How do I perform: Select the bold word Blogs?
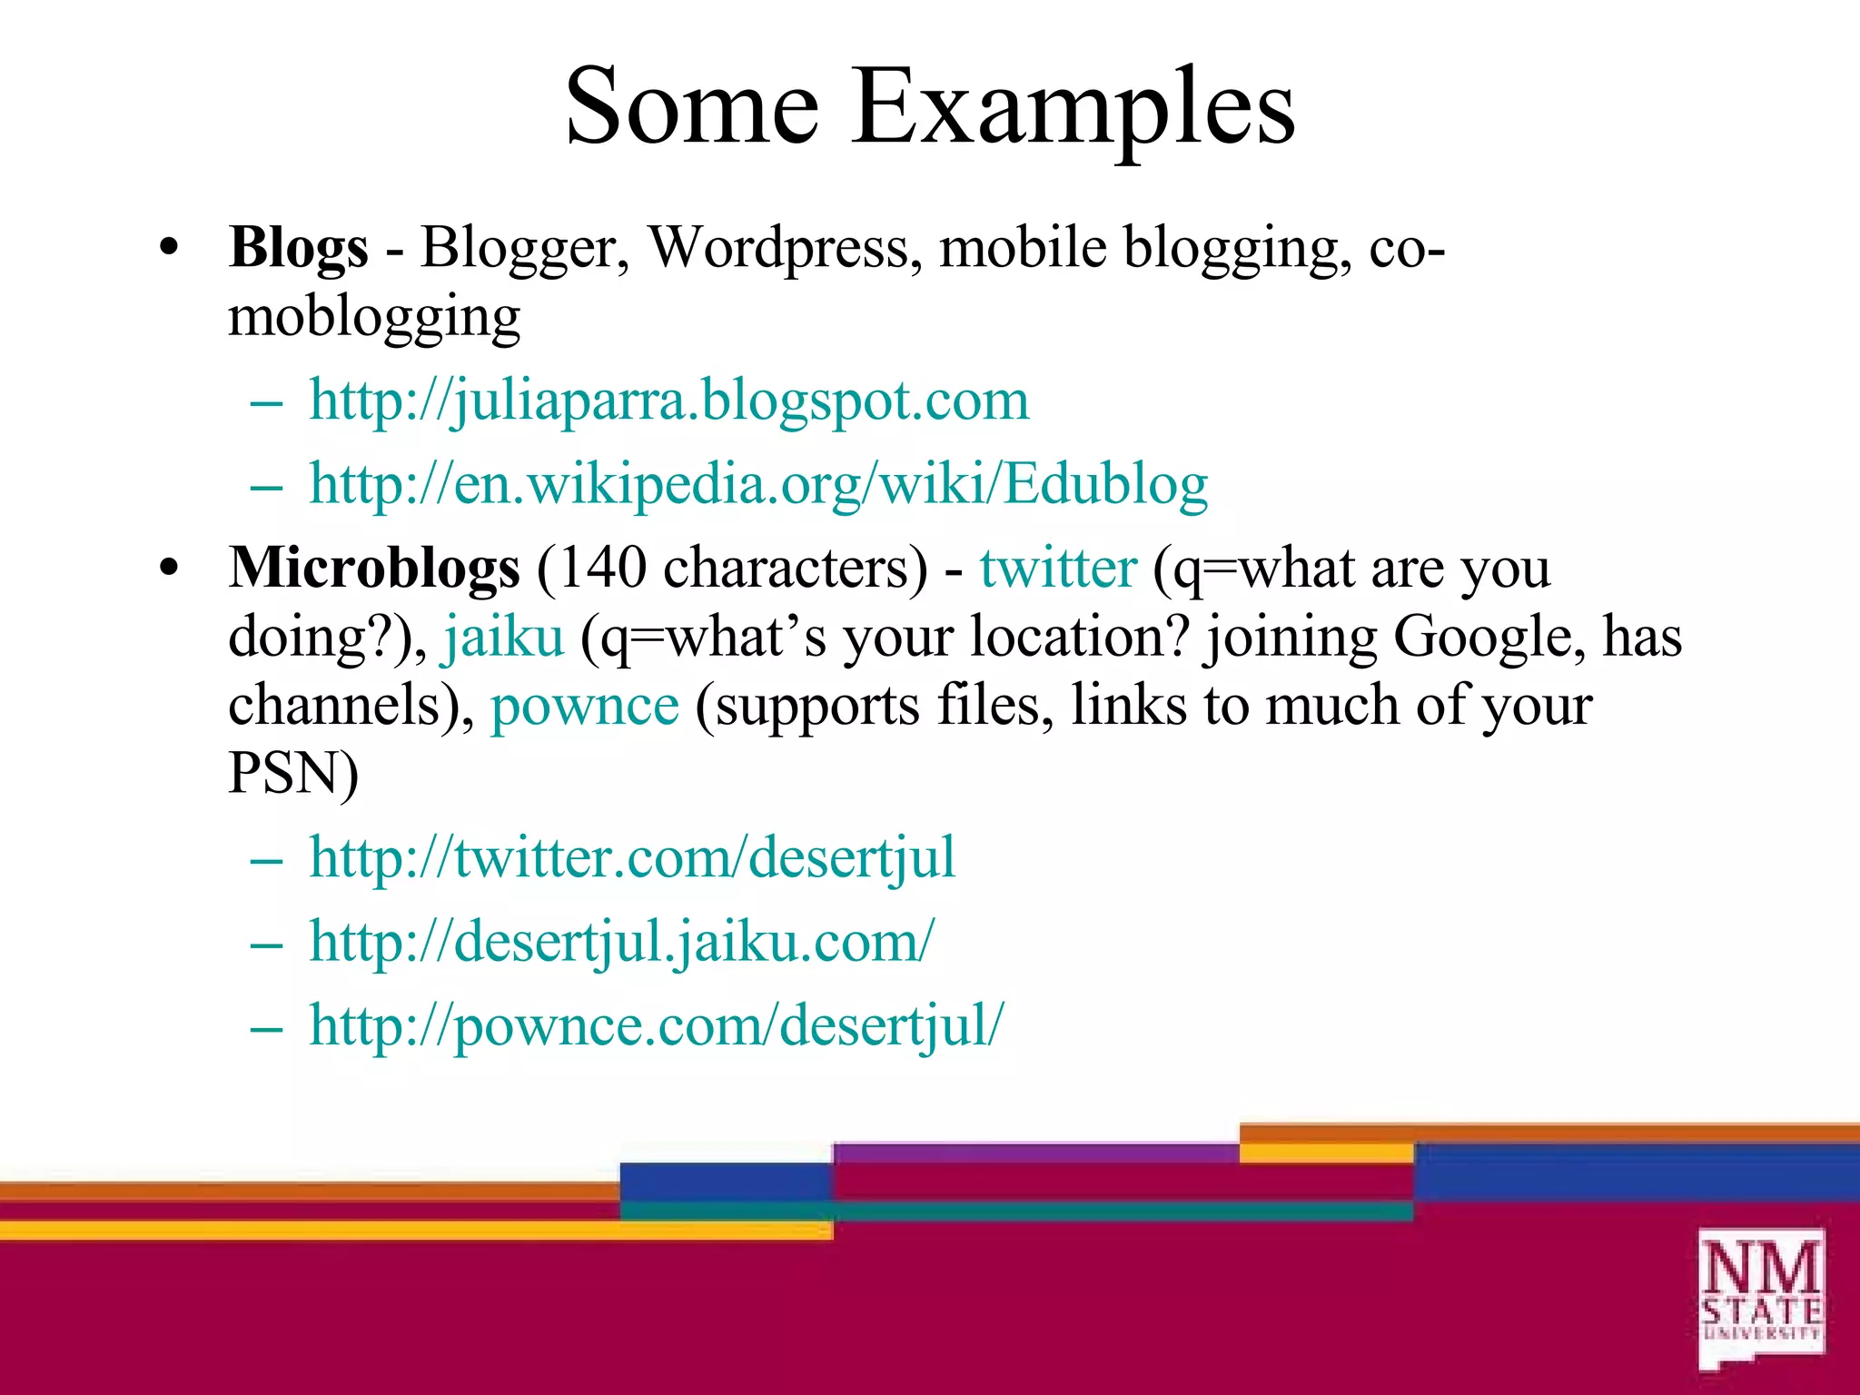click(299, 248)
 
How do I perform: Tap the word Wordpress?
click(778, 248)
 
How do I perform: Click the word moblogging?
click(374, 318)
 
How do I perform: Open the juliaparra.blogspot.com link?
click(669, 400)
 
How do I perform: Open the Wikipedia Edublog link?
click(758, 484)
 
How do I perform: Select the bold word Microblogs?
click(374, 569)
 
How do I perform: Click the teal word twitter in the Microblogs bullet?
click(1058, 569)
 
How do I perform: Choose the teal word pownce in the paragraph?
click(585, 706)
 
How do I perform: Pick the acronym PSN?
click(285, 774)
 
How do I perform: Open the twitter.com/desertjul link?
click(632, 857)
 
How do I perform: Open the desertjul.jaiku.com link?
click(621, 942)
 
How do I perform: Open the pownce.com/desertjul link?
click(656, 1026)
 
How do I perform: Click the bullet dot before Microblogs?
click(169, 569)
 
